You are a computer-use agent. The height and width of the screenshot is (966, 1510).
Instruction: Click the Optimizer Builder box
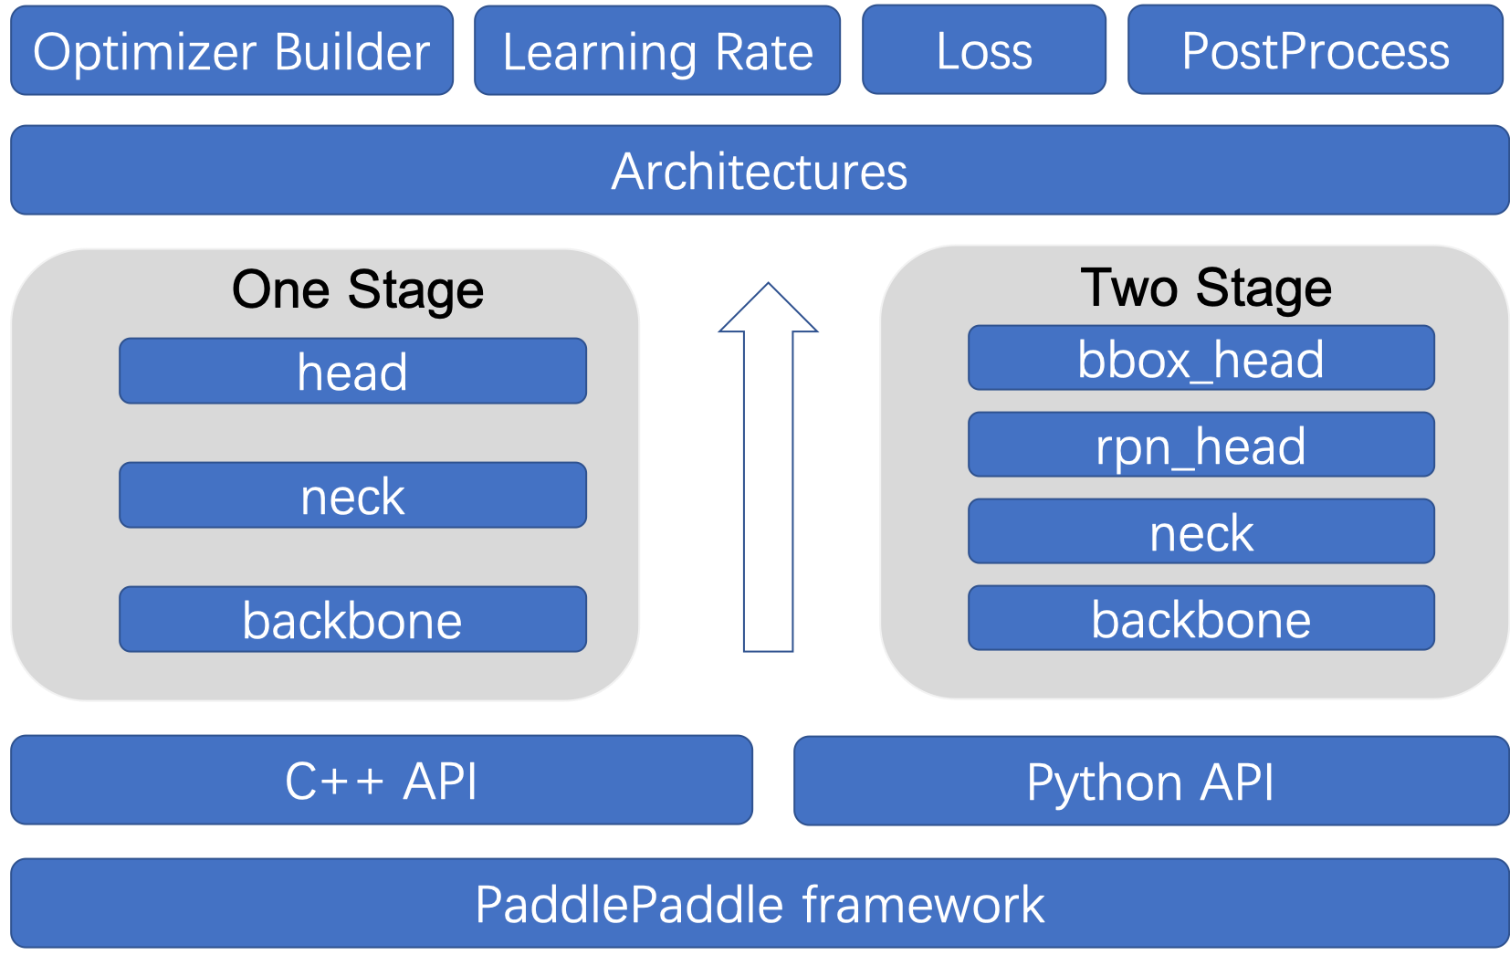[232, 51]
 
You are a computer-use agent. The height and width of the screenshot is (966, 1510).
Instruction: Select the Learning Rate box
[657, 51]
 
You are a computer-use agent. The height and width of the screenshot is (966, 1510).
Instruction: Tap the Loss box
[984, 51]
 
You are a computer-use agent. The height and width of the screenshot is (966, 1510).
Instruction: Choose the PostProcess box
[1315, 51]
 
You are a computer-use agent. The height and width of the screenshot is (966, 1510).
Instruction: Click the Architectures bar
[760, 171]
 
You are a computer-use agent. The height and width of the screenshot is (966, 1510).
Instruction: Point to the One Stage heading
[358, 289]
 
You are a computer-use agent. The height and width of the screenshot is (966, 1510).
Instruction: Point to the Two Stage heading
[1205, 288]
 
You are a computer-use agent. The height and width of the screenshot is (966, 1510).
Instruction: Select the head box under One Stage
[352, 372]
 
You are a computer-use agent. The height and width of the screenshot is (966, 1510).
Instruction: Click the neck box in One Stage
[352, 496]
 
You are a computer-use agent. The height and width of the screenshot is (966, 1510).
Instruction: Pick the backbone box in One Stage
[352, 620]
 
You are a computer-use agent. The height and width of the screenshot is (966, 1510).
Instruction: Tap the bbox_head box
[1201, 358]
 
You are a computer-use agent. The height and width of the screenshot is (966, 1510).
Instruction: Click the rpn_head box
[1201, 445]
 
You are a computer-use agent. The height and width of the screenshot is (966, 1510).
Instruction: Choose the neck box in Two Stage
[1201, 531]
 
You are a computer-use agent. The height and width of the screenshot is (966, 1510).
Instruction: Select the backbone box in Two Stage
[1201, 618]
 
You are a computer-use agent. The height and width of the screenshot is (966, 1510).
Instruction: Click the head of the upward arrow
[768, 310]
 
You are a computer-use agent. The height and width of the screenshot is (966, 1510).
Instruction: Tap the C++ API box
[382, 781]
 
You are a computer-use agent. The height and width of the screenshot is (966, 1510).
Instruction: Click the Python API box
[1150, 782]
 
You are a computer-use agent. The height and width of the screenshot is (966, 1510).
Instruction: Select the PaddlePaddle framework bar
[760, 904]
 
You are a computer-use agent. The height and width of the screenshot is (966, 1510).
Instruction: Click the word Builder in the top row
[351, 51]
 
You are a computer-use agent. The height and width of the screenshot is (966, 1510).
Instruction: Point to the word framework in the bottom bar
[923, 904]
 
